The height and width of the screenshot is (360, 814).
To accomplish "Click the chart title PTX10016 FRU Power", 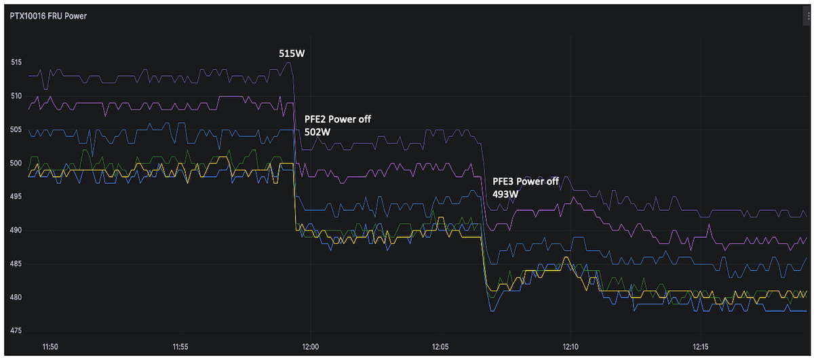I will pyautogui.click(x=49, y=16).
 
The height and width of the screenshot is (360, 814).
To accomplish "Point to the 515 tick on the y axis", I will pyautogui.click(x=16, y=62).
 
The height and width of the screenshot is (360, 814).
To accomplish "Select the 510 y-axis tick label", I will pyautogui.click(x=16, y=96).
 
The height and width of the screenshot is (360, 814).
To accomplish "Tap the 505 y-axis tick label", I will pyautogui.click(x=16, y=129).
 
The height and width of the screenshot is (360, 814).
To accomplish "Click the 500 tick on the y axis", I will pyautogui.click(x=16, y=163).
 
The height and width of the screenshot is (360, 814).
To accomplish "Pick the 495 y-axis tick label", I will pyautogui.click(x=16, y=197).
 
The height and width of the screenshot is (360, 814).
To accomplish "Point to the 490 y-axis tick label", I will pyautogui.click(x=16, y=231).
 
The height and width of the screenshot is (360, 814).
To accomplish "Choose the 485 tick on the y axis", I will pyautogui.click(x=16, y=264).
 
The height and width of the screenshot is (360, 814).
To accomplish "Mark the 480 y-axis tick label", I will pyautogui.click(x=16, y=298).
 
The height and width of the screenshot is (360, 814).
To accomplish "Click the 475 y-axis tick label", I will pyautogui.click(x=16, y=331).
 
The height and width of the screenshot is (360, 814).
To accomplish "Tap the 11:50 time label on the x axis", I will pyautogui.click(x=50, y=346).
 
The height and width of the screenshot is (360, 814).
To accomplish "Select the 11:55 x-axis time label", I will pyautogui.click(x=180, y=346).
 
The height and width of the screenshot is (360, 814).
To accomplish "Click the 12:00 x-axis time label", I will pyautogui.click(x=310, y=346).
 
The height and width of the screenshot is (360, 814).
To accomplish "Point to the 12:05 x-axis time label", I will pyautogui.click(x=440, y=346).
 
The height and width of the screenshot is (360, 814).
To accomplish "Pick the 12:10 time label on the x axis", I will pyautogui.click(x=571, y=346).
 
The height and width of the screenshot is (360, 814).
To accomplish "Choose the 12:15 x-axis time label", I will pyautogui.click(x=701, y=346).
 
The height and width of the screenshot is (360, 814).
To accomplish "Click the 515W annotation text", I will pyautogui.click(x=292, y=53).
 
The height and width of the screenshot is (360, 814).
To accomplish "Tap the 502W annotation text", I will pyautogui.click(x=317, y=132).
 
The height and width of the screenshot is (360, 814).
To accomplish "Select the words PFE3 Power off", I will pyautogui.click(x=526, y=182).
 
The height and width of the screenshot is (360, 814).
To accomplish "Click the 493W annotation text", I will pyautogui.click(x=506, y=195).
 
